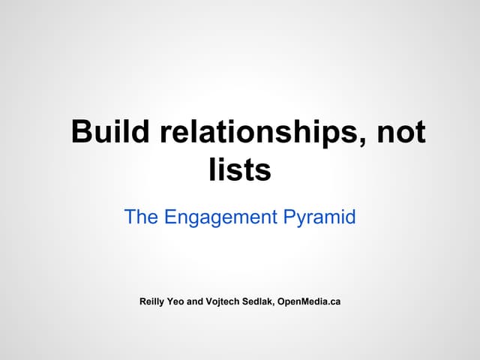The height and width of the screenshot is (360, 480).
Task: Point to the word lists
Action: coord(239,170)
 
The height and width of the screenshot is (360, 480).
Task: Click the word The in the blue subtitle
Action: coord(140,217)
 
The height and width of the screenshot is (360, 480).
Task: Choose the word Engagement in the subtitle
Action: coord(220,218)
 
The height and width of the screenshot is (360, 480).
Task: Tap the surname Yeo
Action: coord(182,301)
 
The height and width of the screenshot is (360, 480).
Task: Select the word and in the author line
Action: coord(205,301)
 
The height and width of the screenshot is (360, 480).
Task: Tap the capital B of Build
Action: coord(81,132)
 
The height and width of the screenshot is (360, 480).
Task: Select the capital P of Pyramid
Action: coord(290,217)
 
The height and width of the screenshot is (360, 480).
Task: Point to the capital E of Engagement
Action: coord(169,217)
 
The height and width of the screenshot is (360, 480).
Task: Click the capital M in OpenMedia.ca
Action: coord(305,301)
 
